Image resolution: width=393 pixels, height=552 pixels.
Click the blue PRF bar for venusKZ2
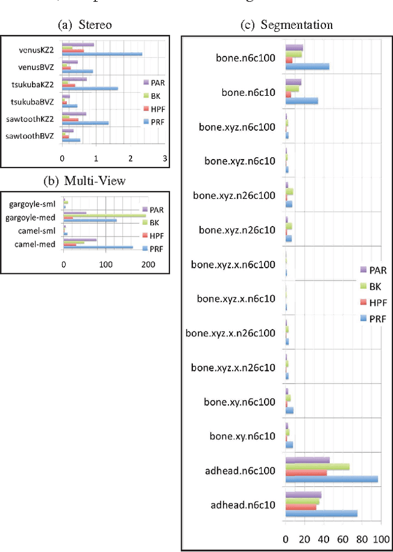102,54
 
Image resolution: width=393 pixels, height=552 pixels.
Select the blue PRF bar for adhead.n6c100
332,479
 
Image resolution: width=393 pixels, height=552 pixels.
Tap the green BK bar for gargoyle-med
105,215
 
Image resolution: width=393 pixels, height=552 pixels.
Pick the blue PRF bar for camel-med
98,247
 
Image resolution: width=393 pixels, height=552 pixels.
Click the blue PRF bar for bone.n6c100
307,66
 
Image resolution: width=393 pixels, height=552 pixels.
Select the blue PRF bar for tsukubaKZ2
90,88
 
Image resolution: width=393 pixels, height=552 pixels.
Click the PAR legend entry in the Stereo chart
150,82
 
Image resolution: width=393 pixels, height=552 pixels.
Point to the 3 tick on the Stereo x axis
165,158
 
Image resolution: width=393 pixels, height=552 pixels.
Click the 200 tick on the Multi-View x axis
148,265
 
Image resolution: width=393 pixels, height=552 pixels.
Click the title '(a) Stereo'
84,25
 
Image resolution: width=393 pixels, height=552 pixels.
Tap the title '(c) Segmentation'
287,25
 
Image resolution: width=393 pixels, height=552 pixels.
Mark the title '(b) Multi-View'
84,181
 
